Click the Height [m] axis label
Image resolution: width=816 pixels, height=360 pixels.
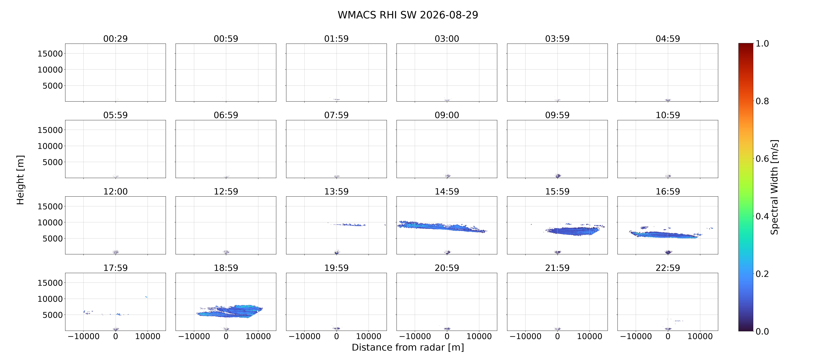coord(20,180)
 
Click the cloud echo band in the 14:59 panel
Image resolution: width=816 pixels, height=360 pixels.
coord(442,227)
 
